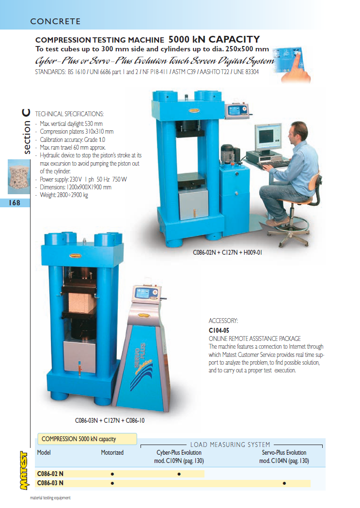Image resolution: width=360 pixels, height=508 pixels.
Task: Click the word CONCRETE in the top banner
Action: [55, 21]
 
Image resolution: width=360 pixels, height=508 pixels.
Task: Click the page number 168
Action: [14, 203]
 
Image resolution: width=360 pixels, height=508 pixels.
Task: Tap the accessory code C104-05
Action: [219, 330]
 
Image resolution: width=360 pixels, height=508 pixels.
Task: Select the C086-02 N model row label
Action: [50, 474]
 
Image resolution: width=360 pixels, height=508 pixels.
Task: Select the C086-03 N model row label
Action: [50, 483]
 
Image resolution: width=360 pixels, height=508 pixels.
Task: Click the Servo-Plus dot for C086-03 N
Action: [284, 483]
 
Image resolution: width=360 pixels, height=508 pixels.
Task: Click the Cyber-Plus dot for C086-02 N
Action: [179, 474]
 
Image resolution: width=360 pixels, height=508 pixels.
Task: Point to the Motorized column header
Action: [112, 453]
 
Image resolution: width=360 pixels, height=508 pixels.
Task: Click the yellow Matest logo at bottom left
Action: [24, 470]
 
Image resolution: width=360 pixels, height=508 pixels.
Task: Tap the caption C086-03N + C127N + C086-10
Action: [110, 420]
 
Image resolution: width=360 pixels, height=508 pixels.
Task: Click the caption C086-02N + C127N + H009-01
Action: [227, 252]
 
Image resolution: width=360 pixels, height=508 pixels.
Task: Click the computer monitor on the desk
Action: [267, 137]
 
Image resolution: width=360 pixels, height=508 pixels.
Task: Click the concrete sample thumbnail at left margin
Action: [19, 177]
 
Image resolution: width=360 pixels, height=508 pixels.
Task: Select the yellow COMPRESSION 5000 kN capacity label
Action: [87, 439]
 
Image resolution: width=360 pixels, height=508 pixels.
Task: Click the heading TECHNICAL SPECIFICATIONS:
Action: [69, 114]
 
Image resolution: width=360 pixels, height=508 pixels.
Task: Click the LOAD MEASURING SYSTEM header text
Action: [230, 445]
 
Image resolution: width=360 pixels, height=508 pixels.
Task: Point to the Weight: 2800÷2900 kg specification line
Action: [64, 195]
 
